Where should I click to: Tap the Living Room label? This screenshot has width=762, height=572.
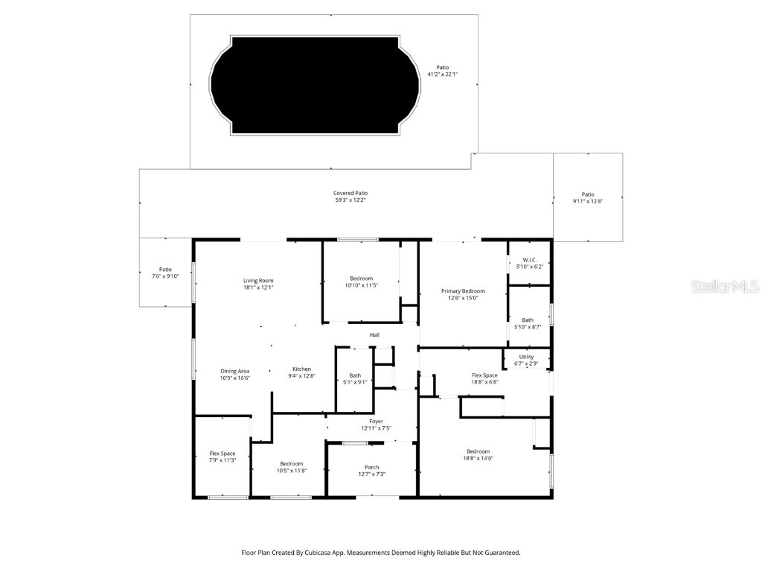click(258, 281)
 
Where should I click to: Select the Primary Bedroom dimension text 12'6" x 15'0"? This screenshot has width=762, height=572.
click(463, 298)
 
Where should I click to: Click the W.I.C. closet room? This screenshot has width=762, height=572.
click(529, 262)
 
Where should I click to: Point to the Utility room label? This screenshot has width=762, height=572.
click(526, 357)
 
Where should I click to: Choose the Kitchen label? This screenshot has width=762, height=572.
click(301, 369)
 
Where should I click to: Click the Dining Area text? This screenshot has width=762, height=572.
click(234, 371)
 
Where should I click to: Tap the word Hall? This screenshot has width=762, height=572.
click(374, 335)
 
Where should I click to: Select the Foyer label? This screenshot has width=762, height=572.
click(376, 422)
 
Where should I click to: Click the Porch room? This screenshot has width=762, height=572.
click(371, 470)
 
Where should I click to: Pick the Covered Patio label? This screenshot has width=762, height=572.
click(350, 193)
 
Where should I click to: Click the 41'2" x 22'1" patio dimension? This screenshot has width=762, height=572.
click(442, 74)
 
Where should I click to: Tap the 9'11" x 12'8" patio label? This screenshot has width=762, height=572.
click(588, 201)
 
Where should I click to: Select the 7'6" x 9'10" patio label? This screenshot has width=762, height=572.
click(165, 276)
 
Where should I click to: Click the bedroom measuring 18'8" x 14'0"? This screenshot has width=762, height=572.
click(478, 454)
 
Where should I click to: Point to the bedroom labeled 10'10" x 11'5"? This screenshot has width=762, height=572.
click(361, 282)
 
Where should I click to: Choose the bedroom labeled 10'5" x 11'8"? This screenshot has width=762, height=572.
click(291, 467)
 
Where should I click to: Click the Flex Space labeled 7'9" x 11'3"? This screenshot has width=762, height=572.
click(222, 457)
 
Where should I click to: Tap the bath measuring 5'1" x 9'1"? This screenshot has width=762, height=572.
click(355, 378)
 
